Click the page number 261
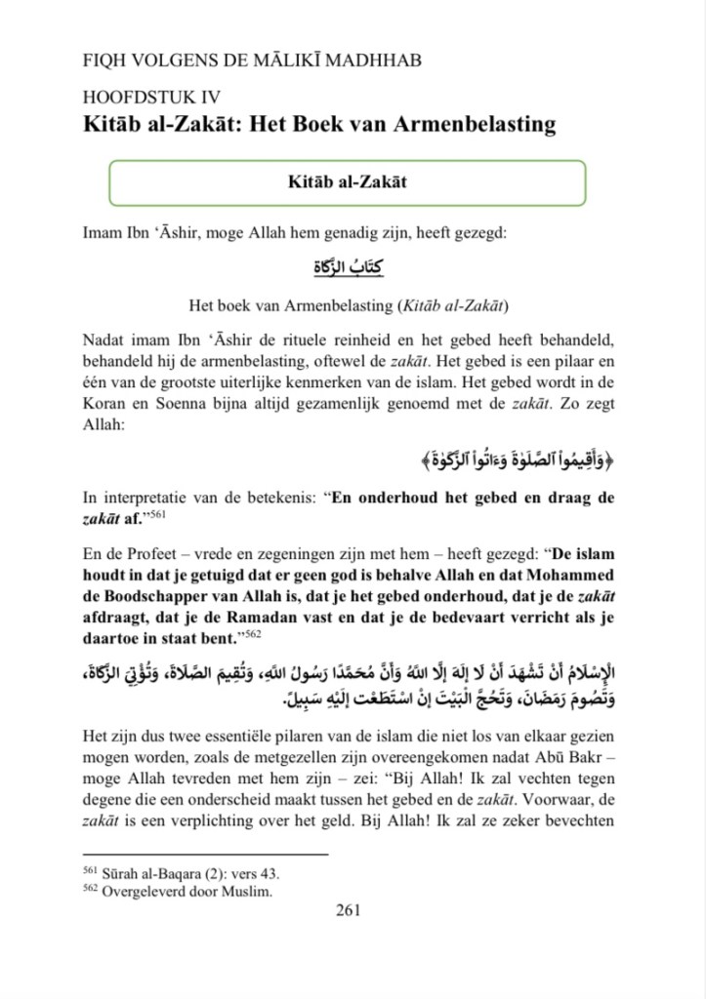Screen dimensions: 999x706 (349, 910)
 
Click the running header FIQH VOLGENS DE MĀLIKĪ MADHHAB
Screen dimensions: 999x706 (253, 60)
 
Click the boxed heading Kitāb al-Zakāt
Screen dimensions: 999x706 (348, 182)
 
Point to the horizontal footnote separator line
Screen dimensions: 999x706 (205, 855)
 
